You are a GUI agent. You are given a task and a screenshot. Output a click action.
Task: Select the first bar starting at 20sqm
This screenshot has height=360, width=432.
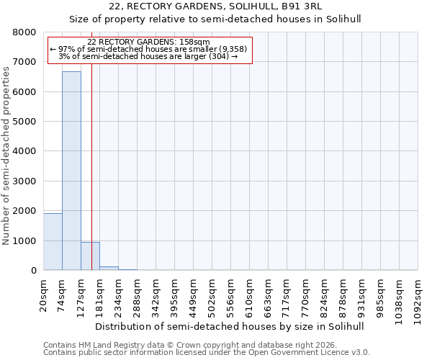53,242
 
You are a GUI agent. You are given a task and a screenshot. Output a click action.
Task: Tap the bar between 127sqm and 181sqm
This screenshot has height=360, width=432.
90,256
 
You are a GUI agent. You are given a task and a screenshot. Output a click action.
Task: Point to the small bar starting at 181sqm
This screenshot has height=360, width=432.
109,268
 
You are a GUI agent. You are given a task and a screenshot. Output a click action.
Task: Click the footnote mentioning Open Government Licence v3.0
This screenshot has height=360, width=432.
206,353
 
